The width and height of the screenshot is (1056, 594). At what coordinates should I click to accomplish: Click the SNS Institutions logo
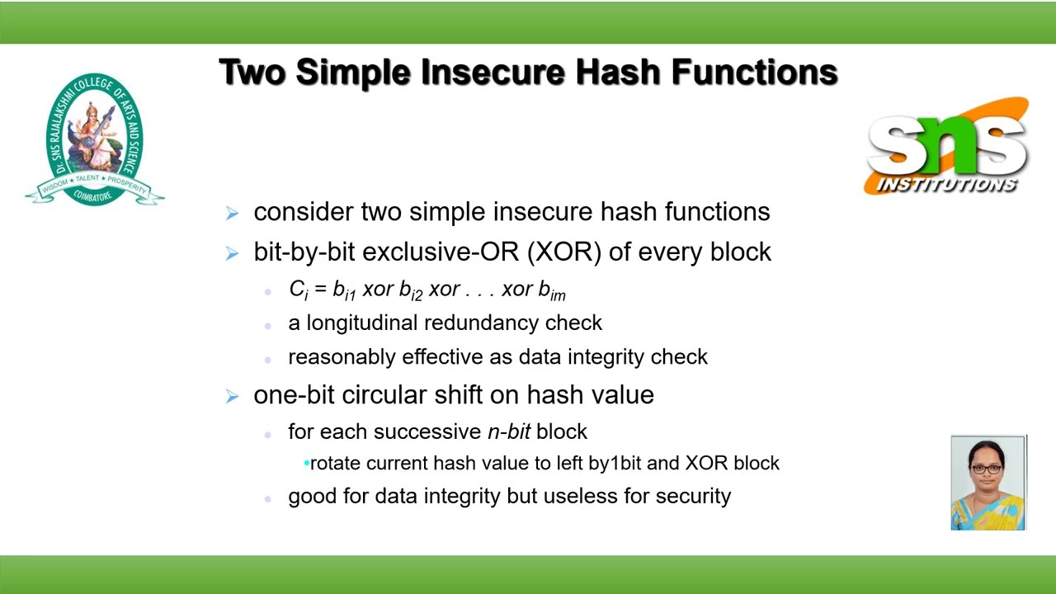[x=947, y=146]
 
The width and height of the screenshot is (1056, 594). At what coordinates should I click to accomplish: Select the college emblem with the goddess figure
[x=95, y=139]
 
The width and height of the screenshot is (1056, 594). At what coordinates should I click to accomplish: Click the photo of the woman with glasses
[x=988, y=483]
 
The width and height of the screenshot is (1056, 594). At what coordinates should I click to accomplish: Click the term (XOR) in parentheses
[x=568, y=252]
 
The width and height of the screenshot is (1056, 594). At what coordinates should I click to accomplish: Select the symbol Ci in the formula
[x=298, y=290]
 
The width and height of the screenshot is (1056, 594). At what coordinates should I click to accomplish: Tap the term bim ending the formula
[x=552, y=290]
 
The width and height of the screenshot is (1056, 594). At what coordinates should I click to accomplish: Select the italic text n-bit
[x=509, y=431]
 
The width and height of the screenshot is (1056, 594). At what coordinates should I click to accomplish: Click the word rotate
[x=336, y=463]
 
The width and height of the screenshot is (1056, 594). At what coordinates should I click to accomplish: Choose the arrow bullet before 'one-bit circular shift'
[x=232, y=395]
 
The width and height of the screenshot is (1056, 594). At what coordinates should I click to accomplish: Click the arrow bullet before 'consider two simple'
[x=232, y=213]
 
